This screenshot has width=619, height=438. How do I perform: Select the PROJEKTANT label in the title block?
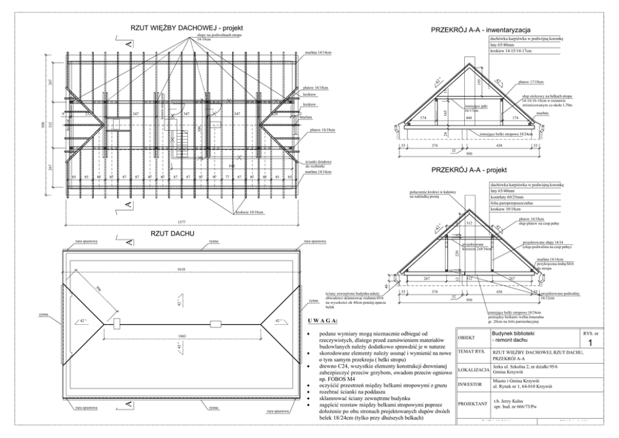click(x=472, y=405)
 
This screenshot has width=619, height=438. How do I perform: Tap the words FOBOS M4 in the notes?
click(x=338, y=381)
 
